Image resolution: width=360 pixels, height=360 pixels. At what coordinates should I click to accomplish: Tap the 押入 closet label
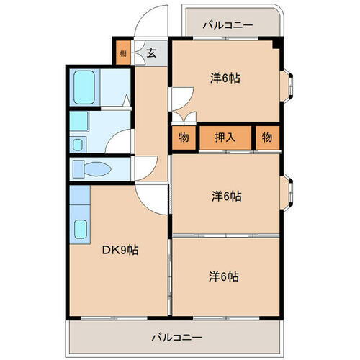coord(226,138)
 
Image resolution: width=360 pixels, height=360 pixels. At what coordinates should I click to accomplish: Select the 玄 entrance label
coord(151,53)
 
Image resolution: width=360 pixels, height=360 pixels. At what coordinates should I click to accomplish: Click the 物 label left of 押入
coord(184,138)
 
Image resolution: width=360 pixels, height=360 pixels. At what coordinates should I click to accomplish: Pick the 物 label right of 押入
coord(266,138)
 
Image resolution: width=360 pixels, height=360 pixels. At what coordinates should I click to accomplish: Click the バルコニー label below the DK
coord(176,336)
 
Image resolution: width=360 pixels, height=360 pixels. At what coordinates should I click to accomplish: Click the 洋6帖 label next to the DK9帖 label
coord(225,276)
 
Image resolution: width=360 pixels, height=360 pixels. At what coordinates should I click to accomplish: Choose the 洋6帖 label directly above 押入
coord(225,78)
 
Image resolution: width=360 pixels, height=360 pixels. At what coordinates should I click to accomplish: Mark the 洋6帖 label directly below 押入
coord(225,196)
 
